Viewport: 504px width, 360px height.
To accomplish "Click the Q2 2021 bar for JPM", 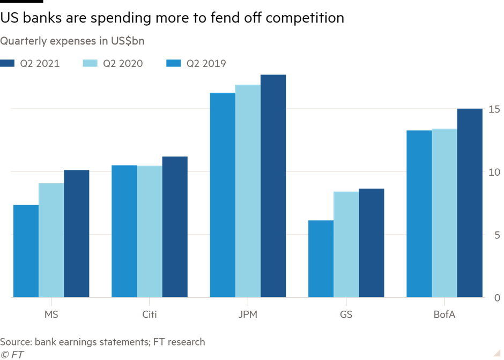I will point(273,186).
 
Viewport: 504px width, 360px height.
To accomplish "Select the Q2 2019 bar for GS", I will point(320,259).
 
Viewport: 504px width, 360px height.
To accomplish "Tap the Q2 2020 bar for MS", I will point(51,240).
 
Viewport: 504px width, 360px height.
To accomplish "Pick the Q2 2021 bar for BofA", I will point(470,203).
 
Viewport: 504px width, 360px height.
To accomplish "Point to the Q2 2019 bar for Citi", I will point(124,231).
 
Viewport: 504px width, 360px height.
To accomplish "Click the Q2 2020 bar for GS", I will point(346,244).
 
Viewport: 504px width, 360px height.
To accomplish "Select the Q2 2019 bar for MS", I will point(25,251).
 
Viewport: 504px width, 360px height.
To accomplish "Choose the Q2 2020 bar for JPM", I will point(247,191).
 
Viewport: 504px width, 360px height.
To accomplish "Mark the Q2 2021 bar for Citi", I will point(175,227).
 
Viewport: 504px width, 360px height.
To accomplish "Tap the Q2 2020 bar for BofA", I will point(444,213).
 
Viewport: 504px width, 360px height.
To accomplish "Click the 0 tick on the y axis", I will point(496,298).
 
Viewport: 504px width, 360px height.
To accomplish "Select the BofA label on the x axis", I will point(444,315).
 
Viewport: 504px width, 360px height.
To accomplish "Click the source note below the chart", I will point(102,342).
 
